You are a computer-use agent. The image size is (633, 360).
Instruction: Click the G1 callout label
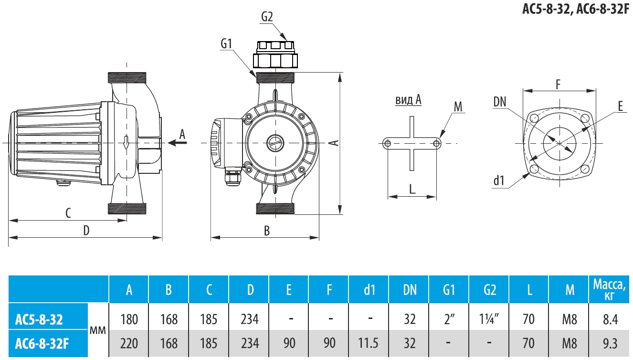coord(226,43)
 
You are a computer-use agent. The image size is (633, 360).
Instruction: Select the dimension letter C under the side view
coord(68,213)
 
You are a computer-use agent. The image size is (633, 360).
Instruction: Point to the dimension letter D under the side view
coord(86,230)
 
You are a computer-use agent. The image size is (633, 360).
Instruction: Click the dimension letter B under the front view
coord(267,231)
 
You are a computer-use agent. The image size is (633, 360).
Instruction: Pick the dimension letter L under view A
coord(412,189)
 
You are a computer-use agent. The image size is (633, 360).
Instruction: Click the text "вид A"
coord(408,100)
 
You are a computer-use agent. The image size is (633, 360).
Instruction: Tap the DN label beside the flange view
coord(500,102)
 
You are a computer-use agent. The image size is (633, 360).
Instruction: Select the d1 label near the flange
coord(499,180)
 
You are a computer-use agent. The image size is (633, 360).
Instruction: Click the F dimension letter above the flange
coord(558,85)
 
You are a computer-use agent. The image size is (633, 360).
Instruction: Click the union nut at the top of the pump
coord(276,60)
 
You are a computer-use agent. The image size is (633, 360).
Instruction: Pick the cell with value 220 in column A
coord(129,343)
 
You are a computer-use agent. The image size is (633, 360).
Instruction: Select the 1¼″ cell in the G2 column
coord(490,319)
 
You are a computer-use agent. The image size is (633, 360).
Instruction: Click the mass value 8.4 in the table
coord(609,319)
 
